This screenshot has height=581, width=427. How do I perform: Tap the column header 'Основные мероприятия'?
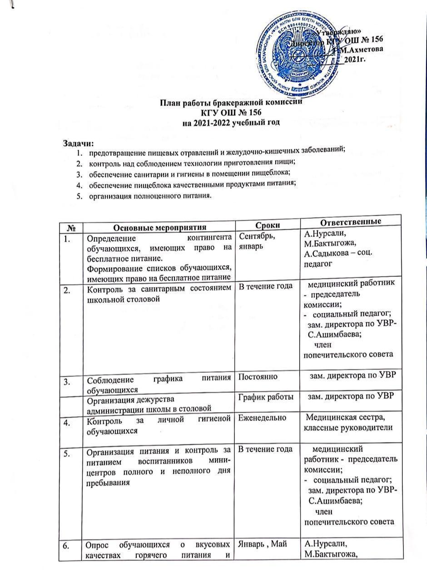pos(159,227)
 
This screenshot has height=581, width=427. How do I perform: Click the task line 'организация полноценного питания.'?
pos(150,196)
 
